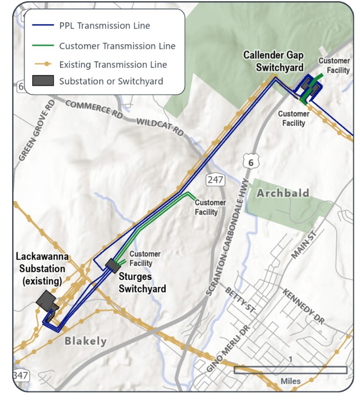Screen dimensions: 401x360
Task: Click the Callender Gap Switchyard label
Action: pos(273,61)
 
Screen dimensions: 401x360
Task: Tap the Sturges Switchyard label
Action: pos(142,283)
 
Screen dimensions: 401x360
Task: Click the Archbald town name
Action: pos(283,193)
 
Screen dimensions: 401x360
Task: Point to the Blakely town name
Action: pos(85,341)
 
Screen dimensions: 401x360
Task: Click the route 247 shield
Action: pos(215,180)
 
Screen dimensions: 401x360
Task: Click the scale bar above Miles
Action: pos(290,370)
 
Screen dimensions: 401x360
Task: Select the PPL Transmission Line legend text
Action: pos(105,26)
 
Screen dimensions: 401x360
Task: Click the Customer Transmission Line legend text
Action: pos(117,46)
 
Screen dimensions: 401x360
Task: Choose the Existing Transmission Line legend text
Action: pos(113,64)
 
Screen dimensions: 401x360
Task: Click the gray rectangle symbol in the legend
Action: pos(43,81)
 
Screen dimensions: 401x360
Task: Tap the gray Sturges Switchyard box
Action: pos(112,266)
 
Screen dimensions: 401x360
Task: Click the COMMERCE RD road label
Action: pos(94,109)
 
